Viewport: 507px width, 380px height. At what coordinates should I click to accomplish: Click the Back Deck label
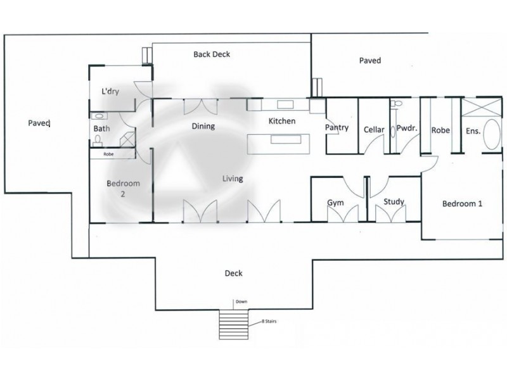pos(212,54)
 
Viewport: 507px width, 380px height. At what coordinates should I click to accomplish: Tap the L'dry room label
pos(111,91)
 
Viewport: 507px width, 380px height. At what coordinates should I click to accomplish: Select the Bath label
pos(101,129)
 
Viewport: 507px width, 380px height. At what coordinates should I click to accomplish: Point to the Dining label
pos(203,126)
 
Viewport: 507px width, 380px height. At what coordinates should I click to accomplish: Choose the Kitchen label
pos(282,121)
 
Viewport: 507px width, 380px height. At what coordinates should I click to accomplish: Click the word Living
pos(233,179)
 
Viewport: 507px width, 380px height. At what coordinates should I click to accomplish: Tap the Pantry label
pos(337,127)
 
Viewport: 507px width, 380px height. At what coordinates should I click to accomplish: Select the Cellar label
pos(374,130)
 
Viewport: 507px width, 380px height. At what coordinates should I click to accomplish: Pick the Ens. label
pos(473,131)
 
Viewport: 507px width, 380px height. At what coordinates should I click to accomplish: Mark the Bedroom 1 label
pos(462,203)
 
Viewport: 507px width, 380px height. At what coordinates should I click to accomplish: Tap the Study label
pos(394,202)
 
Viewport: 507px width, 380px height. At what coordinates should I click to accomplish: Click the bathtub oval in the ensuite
pos(491,134)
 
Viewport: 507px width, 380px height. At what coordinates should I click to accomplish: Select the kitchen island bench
pos(278,143)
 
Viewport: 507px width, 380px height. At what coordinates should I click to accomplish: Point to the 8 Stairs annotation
pos(269,322)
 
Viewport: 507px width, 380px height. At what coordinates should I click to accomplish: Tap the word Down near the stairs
pos(241,302)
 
